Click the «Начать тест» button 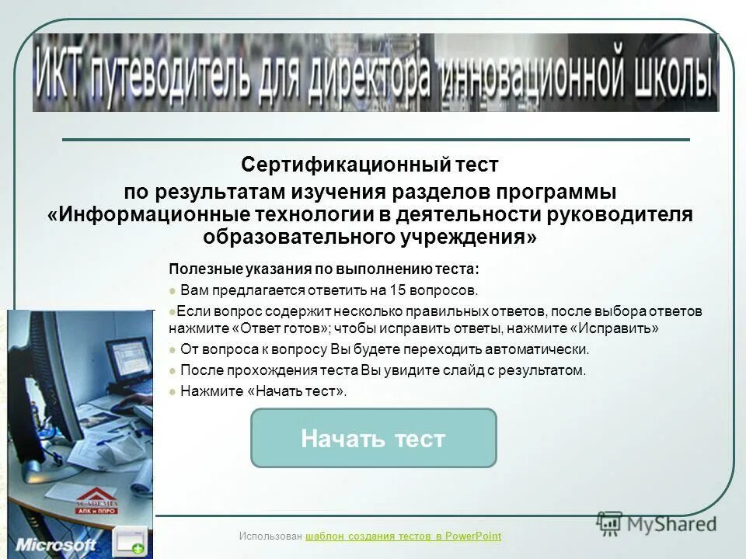pos(373,439)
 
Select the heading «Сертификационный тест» pos(369,165)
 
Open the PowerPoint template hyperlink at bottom pos(404,536)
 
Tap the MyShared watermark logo pos(657,524)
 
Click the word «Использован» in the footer pos(271,536)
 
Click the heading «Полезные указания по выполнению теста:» pos(324,269)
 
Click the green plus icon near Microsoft pos(136,547)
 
